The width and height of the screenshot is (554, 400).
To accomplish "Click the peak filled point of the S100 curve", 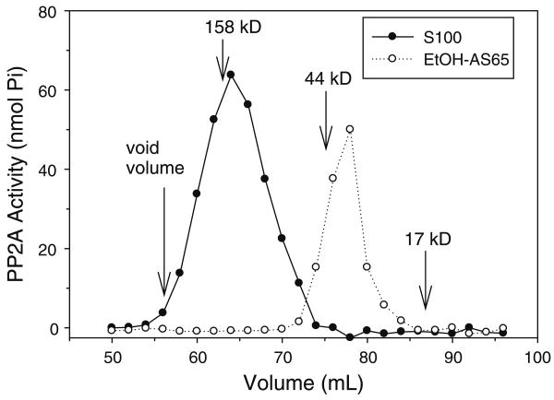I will (x=231, y=75).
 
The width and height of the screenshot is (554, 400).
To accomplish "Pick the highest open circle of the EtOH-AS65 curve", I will (x=350, y=129).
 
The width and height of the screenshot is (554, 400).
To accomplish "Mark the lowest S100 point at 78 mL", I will (x=350, y=338).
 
